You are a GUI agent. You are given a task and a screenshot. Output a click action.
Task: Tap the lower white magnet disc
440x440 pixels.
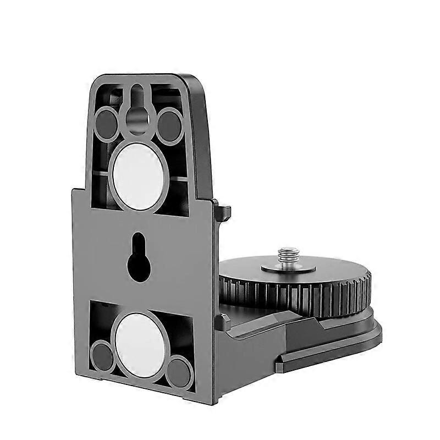(140, 339)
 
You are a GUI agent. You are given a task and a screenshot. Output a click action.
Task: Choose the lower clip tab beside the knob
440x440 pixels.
(222, 321)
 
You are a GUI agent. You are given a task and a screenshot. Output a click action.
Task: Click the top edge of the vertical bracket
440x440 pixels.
(148, 77)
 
